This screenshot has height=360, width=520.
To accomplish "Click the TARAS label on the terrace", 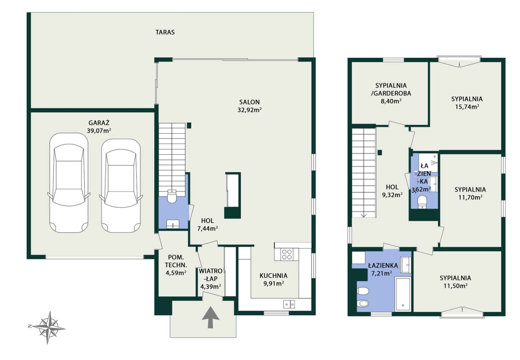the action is coord(165,32).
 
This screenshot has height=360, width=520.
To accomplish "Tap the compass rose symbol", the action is coord(48,327).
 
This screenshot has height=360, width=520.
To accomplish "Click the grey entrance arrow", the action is coord(210,317).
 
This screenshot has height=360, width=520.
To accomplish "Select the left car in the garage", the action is coord(69,183).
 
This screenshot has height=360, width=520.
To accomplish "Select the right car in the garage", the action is coord(121,186).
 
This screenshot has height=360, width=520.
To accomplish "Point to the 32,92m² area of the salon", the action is coord(249,110).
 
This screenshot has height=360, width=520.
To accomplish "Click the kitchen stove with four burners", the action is coord(286,254).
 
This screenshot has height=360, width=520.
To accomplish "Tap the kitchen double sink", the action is coord(289,304).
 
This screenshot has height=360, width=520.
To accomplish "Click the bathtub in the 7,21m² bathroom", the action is coord(403,294).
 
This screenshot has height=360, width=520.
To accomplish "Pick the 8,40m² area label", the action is coord(391,101).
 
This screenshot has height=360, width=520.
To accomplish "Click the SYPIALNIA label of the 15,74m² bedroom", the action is coord(467,99).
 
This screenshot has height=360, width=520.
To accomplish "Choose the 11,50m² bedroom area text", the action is coord(455,286).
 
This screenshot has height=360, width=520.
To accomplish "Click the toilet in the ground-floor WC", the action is coord(172,196).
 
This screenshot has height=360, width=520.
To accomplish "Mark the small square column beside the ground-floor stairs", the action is coord(189,125).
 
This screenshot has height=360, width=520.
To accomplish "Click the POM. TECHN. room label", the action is coord(176,261).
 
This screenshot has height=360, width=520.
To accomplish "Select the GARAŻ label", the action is coord(99,123).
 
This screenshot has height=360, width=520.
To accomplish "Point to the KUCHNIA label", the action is coord(273,275).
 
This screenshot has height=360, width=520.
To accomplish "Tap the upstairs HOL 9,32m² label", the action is coord(392,191).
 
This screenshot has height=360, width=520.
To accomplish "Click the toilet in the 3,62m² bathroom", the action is coord(422,202).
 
